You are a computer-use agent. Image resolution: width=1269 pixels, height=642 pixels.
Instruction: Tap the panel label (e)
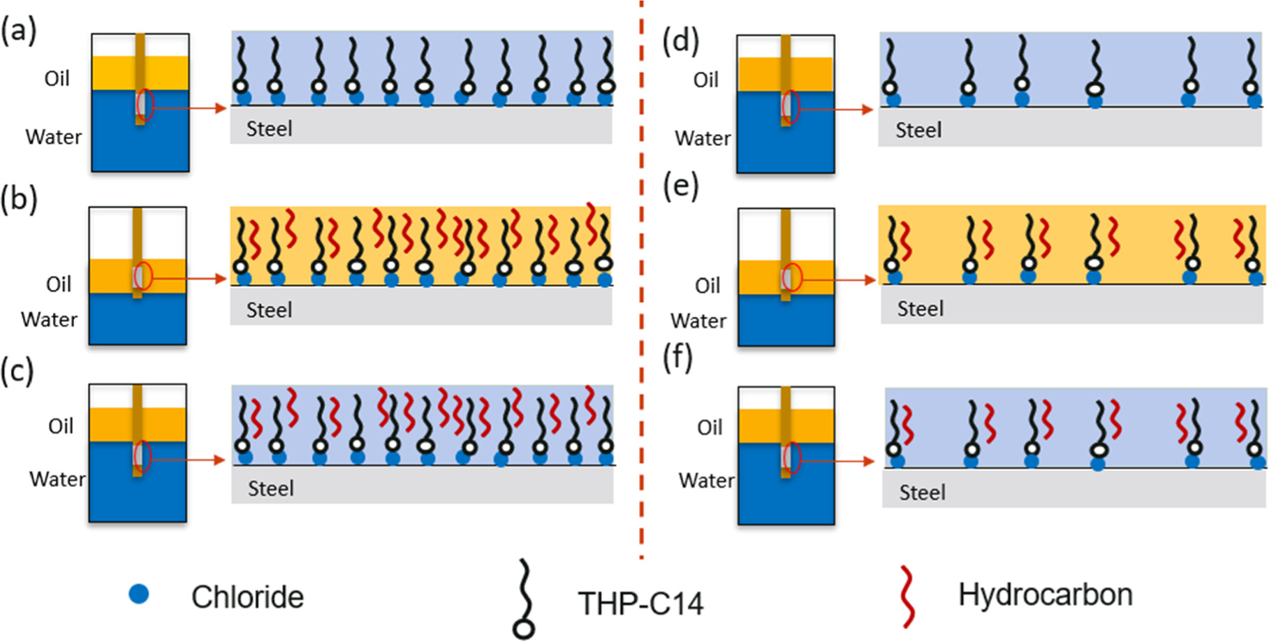(x=681, y=187)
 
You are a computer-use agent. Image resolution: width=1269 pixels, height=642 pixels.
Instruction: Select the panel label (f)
(x=678, y=358)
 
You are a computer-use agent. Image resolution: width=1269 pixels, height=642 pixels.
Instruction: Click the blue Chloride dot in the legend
(x=139, y=594)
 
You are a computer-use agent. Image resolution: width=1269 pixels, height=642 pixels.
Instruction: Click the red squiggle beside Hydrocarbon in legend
(x=907, y=596)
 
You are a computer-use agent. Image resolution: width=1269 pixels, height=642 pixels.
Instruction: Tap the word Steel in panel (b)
(x=269, y=310)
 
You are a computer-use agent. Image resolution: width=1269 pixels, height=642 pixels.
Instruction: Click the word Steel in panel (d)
(x=918, y=131)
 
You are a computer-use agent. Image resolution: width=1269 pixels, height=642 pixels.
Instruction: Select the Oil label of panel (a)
(x=57, y=79)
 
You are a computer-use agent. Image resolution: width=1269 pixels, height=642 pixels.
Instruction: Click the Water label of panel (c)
(x=57, y=479)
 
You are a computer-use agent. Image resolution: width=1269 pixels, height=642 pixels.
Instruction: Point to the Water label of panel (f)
(x=706, y=481)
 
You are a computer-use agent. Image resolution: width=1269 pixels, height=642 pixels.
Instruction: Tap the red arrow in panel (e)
(x=838, y=279)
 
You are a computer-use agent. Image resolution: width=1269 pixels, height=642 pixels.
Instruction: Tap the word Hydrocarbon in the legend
(x=1045, y=595)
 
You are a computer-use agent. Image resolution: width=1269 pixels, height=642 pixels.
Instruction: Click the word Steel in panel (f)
(x=922, y=493)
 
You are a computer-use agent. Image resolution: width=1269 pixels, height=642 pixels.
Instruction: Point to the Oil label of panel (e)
(x=707, y=286)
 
